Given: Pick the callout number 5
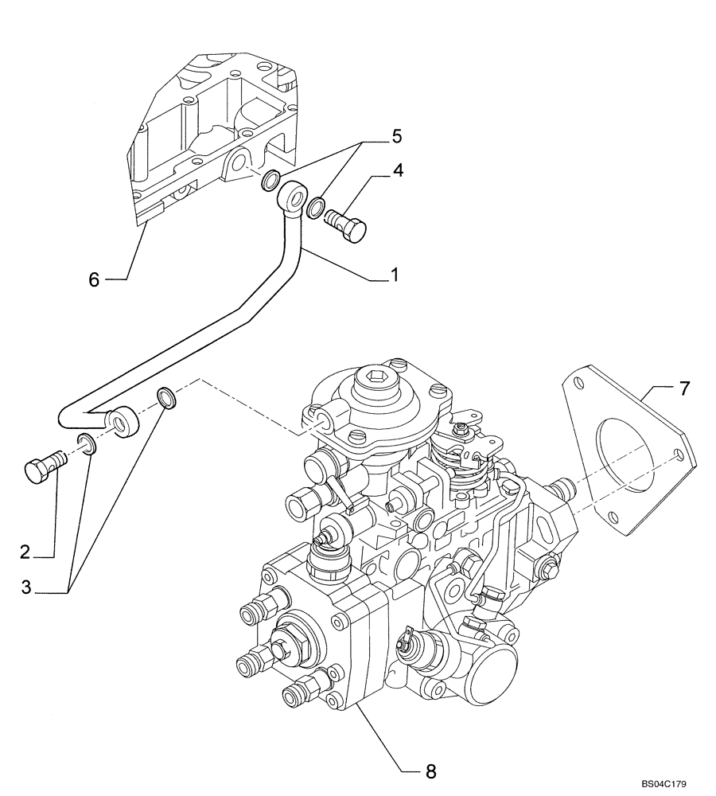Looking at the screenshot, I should (x=397, y=137).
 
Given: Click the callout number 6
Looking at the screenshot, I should (x=94, y=280).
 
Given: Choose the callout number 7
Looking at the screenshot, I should (x=685, y=388).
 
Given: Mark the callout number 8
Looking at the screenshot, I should (x=430, y=771).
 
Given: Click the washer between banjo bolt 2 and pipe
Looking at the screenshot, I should (x=88, y=443).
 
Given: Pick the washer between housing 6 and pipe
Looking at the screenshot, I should (x=270, y=181).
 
